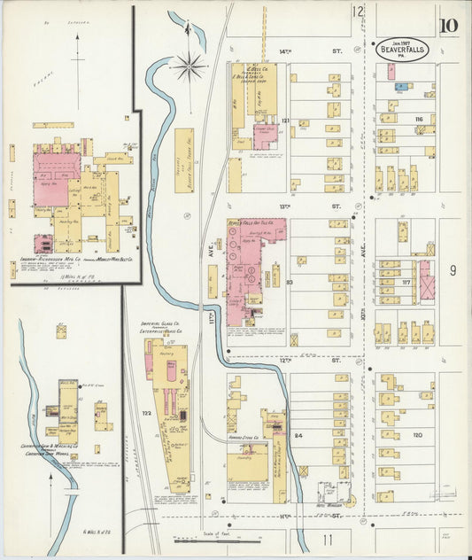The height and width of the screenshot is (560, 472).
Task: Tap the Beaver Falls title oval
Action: [x=406, y=50]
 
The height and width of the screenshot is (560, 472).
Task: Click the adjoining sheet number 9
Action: [x=452, y=269]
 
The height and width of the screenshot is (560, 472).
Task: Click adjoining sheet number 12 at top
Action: [x=357, y=12]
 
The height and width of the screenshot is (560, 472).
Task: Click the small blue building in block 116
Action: [x=401, y=87]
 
